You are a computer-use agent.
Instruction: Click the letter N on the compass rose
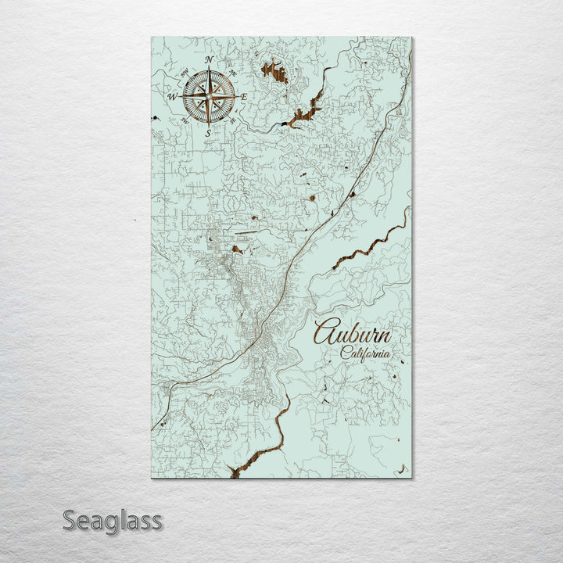pos(209,60)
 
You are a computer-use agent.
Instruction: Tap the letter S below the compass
pos(207,133)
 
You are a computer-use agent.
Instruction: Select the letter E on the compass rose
pos(245,97)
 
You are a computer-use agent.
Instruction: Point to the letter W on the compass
pos(171,96)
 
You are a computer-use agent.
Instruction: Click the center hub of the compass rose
pos(208,96)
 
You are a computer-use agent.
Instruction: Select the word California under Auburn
pos(365,353)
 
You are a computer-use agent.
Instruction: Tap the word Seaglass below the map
pos(112,520)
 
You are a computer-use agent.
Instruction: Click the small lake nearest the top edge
pos(274,73)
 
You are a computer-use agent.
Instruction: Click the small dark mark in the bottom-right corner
pos(403,470)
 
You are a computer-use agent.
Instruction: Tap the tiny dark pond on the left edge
pos(156,117)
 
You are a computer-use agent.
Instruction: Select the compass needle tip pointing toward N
pos(208,70)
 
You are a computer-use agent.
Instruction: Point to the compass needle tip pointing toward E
pos(235,96)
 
